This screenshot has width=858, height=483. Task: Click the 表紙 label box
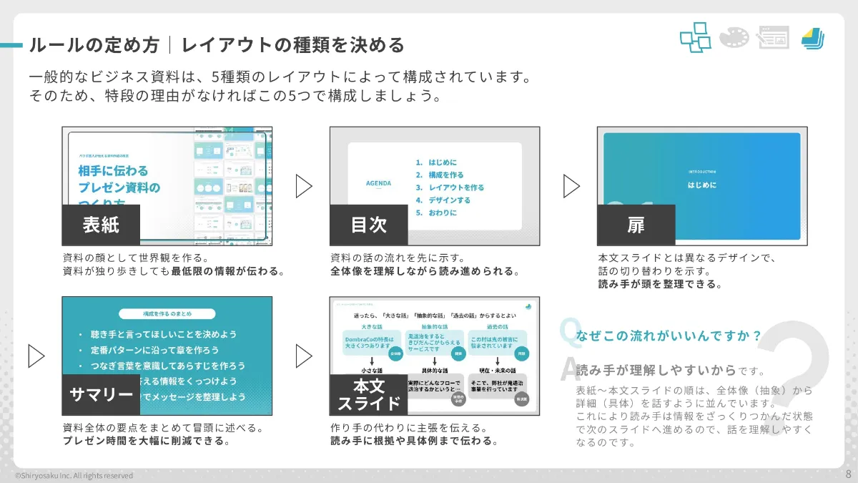100,225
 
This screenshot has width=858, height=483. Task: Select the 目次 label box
368,225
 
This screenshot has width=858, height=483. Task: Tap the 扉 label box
636,225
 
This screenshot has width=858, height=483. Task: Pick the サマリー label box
101,395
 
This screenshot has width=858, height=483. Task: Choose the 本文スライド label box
368,395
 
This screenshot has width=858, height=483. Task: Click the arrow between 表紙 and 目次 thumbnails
304,186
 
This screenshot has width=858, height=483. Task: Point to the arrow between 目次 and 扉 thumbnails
571,186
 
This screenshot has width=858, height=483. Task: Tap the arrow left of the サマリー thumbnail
36,356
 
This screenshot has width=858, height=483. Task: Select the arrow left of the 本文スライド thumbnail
304,356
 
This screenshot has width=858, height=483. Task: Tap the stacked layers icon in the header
812,37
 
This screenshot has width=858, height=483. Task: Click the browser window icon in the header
773,37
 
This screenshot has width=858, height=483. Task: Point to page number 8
848,474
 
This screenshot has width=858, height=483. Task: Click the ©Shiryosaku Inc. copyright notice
74,475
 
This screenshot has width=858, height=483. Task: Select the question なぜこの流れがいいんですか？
667,335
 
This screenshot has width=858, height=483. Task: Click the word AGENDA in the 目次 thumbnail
378,183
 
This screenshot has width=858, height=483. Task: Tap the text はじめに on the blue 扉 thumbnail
701,185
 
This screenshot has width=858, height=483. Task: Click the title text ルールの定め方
94,46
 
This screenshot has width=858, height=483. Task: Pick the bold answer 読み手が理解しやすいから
656,370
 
